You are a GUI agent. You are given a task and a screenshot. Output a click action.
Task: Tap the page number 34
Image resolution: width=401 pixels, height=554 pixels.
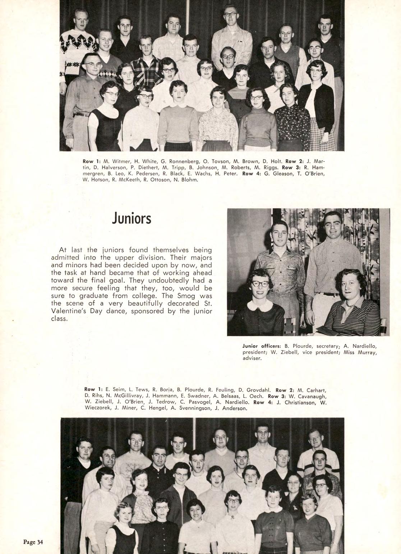33,542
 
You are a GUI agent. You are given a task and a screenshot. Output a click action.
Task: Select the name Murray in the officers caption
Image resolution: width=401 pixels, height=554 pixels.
367,352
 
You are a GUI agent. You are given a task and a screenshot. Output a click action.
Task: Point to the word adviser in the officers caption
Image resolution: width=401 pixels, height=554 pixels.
252,358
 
